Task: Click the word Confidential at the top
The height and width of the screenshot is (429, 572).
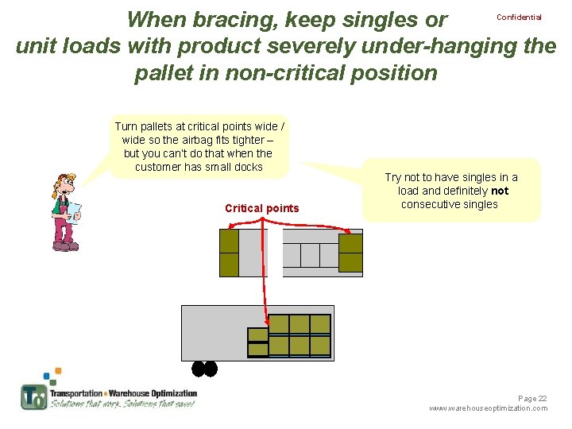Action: point(519,17)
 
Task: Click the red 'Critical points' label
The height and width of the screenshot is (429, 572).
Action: point(262,209)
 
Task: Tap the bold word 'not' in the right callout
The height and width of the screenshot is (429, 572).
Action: point(500,191)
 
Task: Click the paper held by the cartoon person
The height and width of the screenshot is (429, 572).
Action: point(74,211)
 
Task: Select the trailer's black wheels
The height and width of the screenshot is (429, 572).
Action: point(204,369)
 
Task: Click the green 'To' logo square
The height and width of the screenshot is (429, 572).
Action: point(33,396)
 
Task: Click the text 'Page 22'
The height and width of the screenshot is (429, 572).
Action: point(532,398)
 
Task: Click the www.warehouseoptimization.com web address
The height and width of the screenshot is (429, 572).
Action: point(488,408)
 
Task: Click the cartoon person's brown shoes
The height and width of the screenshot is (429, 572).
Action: point(65,246)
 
